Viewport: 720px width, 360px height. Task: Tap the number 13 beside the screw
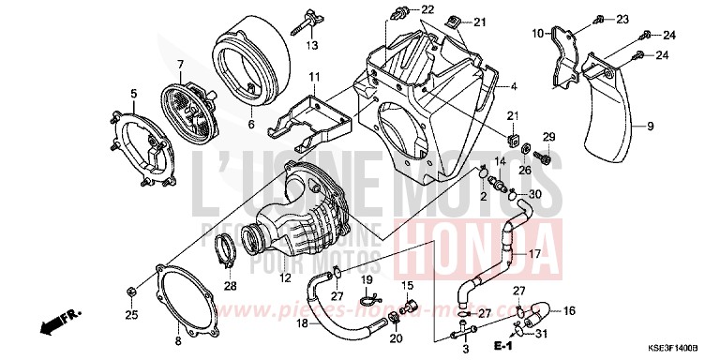(311, 45)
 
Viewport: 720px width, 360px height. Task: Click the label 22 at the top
(428, 9)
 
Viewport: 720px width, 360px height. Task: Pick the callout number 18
(303, 322)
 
